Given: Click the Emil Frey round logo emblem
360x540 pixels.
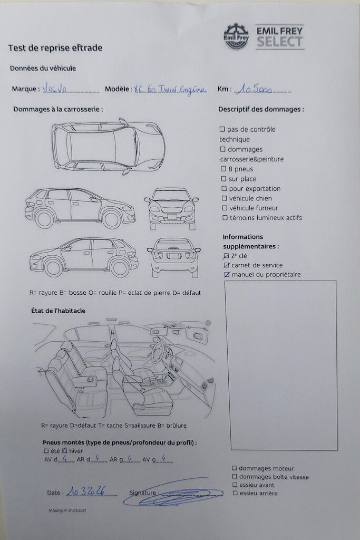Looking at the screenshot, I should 236,36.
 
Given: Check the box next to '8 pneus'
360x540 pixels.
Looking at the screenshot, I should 222,169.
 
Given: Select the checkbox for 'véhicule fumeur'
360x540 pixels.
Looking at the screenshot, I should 225,208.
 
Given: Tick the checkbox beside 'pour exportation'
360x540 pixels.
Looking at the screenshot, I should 225,189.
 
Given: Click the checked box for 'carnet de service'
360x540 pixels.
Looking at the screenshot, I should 227,265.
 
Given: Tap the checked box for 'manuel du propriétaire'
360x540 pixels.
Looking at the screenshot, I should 227,275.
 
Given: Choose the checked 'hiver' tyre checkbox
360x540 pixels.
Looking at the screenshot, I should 64,451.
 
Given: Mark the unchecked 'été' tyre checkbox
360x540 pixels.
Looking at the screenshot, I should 46,451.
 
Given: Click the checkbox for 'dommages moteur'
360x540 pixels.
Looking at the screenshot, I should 235,468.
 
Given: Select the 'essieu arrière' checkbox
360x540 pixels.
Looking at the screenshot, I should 235,493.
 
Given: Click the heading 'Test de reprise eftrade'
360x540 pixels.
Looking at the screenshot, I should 55,48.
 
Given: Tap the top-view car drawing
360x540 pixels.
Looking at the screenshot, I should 108,147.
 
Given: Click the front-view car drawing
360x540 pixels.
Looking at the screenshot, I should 171,208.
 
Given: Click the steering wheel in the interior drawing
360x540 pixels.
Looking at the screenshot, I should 158,350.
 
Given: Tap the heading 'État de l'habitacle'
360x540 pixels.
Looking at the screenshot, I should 58,311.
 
